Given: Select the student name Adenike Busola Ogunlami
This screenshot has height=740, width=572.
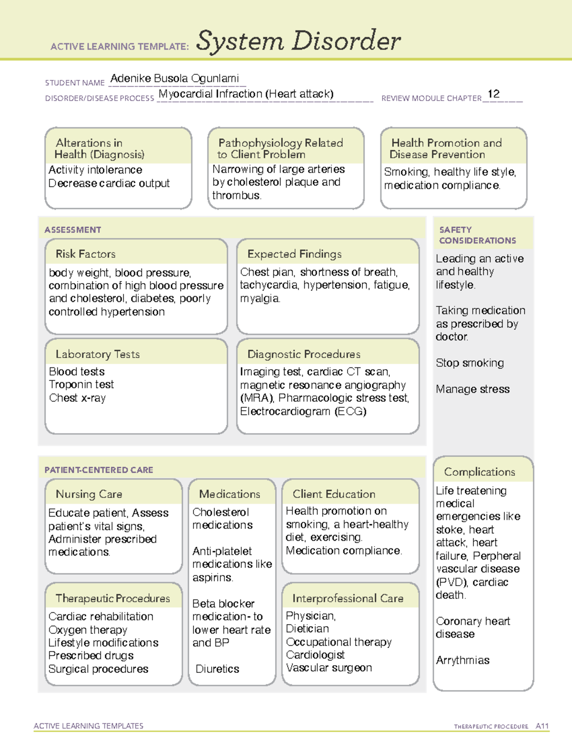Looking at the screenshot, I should pos(174,79).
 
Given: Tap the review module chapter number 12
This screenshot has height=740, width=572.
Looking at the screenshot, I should pos(493,94).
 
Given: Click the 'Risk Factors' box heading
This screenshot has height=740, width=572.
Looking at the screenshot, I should pos(86,254).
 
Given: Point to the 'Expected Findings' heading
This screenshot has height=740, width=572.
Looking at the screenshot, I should pos(294,254).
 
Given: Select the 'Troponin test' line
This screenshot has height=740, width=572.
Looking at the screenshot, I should pos(81,385).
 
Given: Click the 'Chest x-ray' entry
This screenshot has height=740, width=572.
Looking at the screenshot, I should pos(77,398).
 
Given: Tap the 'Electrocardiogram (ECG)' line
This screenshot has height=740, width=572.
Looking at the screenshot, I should pos(303,411).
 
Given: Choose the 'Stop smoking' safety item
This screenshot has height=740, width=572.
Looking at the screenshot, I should pos(470,363).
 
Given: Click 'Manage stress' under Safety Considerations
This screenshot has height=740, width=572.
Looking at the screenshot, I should pos(472,389).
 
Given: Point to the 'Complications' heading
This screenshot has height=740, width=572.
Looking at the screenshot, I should pos(480,472).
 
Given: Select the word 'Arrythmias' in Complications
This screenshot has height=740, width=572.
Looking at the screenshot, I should pos(462,660).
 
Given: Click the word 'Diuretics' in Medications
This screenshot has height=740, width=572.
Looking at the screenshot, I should pos(217,669).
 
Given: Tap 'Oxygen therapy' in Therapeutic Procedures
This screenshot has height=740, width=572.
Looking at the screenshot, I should pos(88,630).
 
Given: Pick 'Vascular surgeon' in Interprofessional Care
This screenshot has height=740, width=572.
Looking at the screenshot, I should pos(329,668).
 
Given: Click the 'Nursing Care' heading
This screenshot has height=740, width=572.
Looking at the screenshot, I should pos(89,494).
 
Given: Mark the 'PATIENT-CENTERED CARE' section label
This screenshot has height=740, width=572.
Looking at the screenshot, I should pos(99,470).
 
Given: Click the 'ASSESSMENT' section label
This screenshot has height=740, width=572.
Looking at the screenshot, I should pos(72,230).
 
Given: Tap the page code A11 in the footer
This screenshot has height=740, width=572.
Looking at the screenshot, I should pos(542,726).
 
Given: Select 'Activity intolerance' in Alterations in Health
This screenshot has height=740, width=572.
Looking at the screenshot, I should pos(95,170).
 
